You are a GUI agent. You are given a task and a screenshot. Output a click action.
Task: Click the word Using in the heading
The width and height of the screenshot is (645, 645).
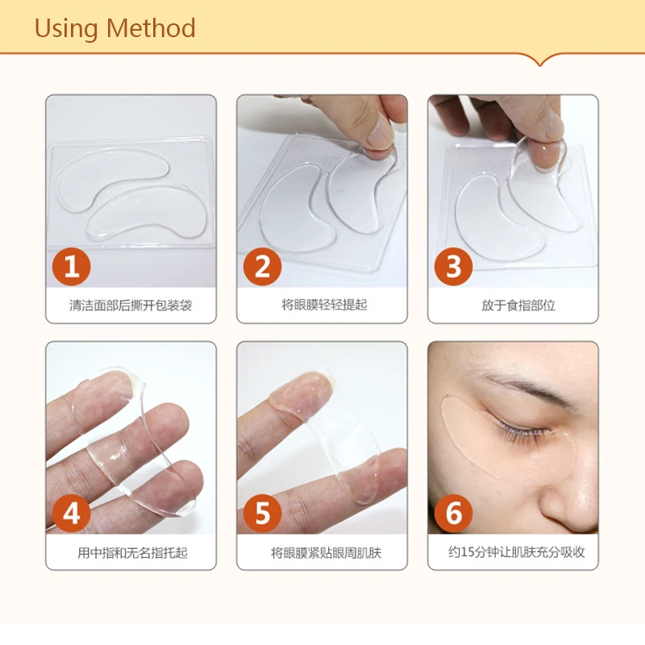[x=66, y=30]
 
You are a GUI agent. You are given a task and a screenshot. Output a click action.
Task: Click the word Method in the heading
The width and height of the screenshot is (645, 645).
[x=151, y=28]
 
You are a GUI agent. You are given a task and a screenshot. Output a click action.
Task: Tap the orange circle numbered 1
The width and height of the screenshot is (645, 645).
[x=71, y=267]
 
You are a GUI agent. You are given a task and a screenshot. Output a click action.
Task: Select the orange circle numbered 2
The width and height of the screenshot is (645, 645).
[x=263, y=267]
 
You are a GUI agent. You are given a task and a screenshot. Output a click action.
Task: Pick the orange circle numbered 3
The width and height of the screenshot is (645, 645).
[x=453, y=267]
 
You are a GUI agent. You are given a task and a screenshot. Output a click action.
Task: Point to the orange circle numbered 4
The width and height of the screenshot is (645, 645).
[x=71, y=514]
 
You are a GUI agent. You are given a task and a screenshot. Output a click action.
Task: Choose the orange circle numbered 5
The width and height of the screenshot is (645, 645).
[x=263, y=514]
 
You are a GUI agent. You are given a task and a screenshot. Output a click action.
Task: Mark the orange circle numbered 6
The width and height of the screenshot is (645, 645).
[x=453, y=514]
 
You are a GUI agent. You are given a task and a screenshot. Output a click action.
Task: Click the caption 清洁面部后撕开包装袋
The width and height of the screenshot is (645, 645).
[x=131, y=306]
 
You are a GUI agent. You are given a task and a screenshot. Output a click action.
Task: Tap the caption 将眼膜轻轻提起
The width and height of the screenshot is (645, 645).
[x=324, y=305]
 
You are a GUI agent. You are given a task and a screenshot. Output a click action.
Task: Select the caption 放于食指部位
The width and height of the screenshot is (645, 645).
[x=518, y=306]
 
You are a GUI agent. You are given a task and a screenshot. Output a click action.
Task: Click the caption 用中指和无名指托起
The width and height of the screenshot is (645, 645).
[x=132, y=552]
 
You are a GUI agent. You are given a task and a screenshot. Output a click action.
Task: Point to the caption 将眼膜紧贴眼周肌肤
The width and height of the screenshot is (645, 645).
[x=326, y=552]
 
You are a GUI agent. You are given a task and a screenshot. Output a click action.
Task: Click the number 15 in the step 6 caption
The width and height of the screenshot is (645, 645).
[x=468, y=552]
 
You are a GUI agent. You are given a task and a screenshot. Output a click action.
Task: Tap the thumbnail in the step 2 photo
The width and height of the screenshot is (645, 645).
[x=379, y=135]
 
